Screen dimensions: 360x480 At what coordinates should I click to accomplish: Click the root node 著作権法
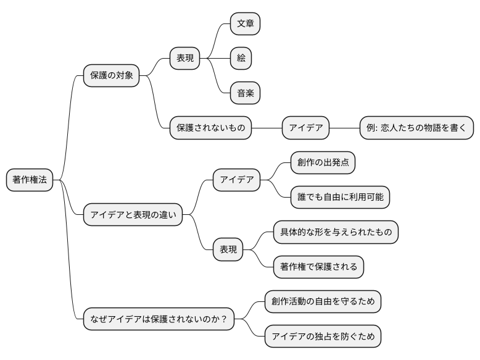30,180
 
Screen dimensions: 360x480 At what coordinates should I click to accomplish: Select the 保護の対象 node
111,75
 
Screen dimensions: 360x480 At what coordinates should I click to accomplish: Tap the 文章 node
245,23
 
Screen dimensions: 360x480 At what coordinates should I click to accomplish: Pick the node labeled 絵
241,59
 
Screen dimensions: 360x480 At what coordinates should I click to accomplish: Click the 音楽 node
245,94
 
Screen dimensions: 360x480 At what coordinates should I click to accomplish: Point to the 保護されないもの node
210,128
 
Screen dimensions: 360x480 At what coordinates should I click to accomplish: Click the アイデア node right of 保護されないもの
306,128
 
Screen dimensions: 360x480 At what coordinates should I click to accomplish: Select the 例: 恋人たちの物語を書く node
416,128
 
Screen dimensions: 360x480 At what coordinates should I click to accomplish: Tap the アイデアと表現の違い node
133,215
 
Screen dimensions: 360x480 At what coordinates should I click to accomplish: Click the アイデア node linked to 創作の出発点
237,180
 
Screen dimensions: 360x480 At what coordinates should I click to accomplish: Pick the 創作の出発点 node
323,162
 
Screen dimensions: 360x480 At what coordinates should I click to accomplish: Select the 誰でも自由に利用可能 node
340,197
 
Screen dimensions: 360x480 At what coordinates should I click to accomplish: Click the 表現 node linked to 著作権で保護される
228,249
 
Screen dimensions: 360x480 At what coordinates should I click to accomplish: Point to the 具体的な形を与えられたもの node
336,232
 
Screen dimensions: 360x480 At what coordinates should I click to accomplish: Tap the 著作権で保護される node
318,267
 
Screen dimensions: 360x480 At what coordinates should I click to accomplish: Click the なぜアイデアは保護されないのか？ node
159,319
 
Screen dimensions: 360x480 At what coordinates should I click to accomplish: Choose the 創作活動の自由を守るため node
323,302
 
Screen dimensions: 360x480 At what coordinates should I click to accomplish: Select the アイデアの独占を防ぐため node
323,337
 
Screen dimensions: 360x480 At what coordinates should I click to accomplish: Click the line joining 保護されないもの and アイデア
267,128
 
